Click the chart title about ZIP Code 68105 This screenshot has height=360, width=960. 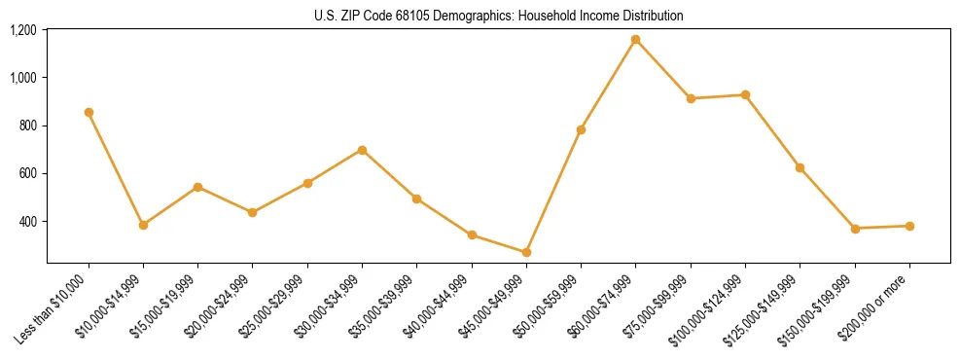coord(498,16)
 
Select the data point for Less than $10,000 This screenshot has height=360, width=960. coord(89,112)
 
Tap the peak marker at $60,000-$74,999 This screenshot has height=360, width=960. coord(635,40)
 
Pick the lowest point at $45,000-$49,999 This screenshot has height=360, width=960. coord(526,252)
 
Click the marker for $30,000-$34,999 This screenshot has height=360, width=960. coord(362,150)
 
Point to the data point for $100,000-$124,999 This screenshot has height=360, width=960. coord(745,94)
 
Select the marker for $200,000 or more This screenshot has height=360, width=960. coord(909,226)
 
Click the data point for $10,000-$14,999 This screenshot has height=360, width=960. coord(143,225)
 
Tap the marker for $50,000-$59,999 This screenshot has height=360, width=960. coord(581,129)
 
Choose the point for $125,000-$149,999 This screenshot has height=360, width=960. coord(800,167)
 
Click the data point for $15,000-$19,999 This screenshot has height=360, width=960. coord(197,187)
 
